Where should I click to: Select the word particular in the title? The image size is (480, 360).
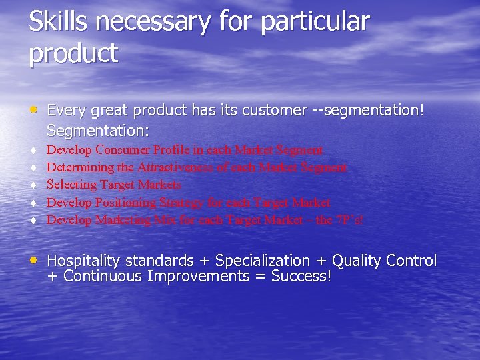pos(315,23)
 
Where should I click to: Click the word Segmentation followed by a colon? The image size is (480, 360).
pos(98,128)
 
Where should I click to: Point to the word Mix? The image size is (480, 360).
pos(163,219)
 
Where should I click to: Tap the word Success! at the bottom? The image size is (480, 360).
pos(301,276)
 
